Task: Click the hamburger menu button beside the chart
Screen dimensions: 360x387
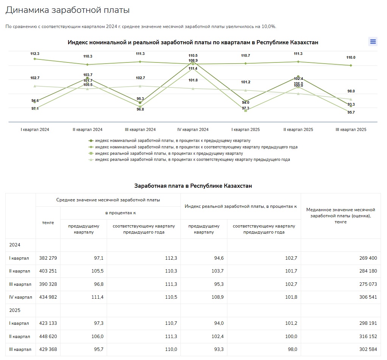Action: tap(373, 42)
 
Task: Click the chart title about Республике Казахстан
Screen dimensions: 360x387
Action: tap(193, 42)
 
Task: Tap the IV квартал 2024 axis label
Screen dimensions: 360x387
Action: tap(193, 129)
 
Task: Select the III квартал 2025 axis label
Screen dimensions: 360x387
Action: tap(351, 129)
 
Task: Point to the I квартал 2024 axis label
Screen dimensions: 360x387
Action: tap(35, 129)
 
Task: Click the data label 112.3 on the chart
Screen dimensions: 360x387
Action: tap(35, 54)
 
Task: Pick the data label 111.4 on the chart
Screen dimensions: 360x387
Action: tap(193, 69)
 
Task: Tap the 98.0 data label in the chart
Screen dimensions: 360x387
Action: tap(351, 91)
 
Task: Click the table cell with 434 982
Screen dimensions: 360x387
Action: tap(48, 297)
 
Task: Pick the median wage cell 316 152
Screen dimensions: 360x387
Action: tap(367, 336)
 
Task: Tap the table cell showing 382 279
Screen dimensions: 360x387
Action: tap(48, 258)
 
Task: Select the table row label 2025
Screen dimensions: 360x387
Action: tap(15, 310)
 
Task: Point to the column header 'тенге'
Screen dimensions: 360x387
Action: tap(48, 223)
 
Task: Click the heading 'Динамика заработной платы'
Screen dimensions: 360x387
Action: tap(68, 10)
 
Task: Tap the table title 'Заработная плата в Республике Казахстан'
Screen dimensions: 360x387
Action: tap(193, 186)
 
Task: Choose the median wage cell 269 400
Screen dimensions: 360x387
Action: tap(367, 258)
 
